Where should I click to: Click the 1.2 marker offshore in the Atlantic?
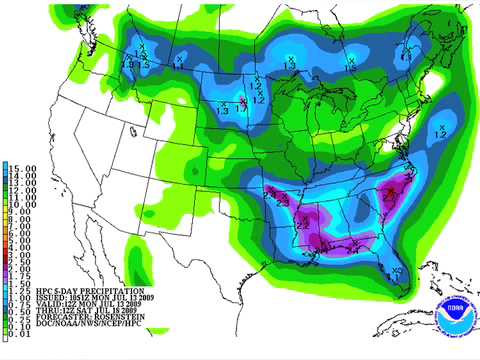441,130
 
